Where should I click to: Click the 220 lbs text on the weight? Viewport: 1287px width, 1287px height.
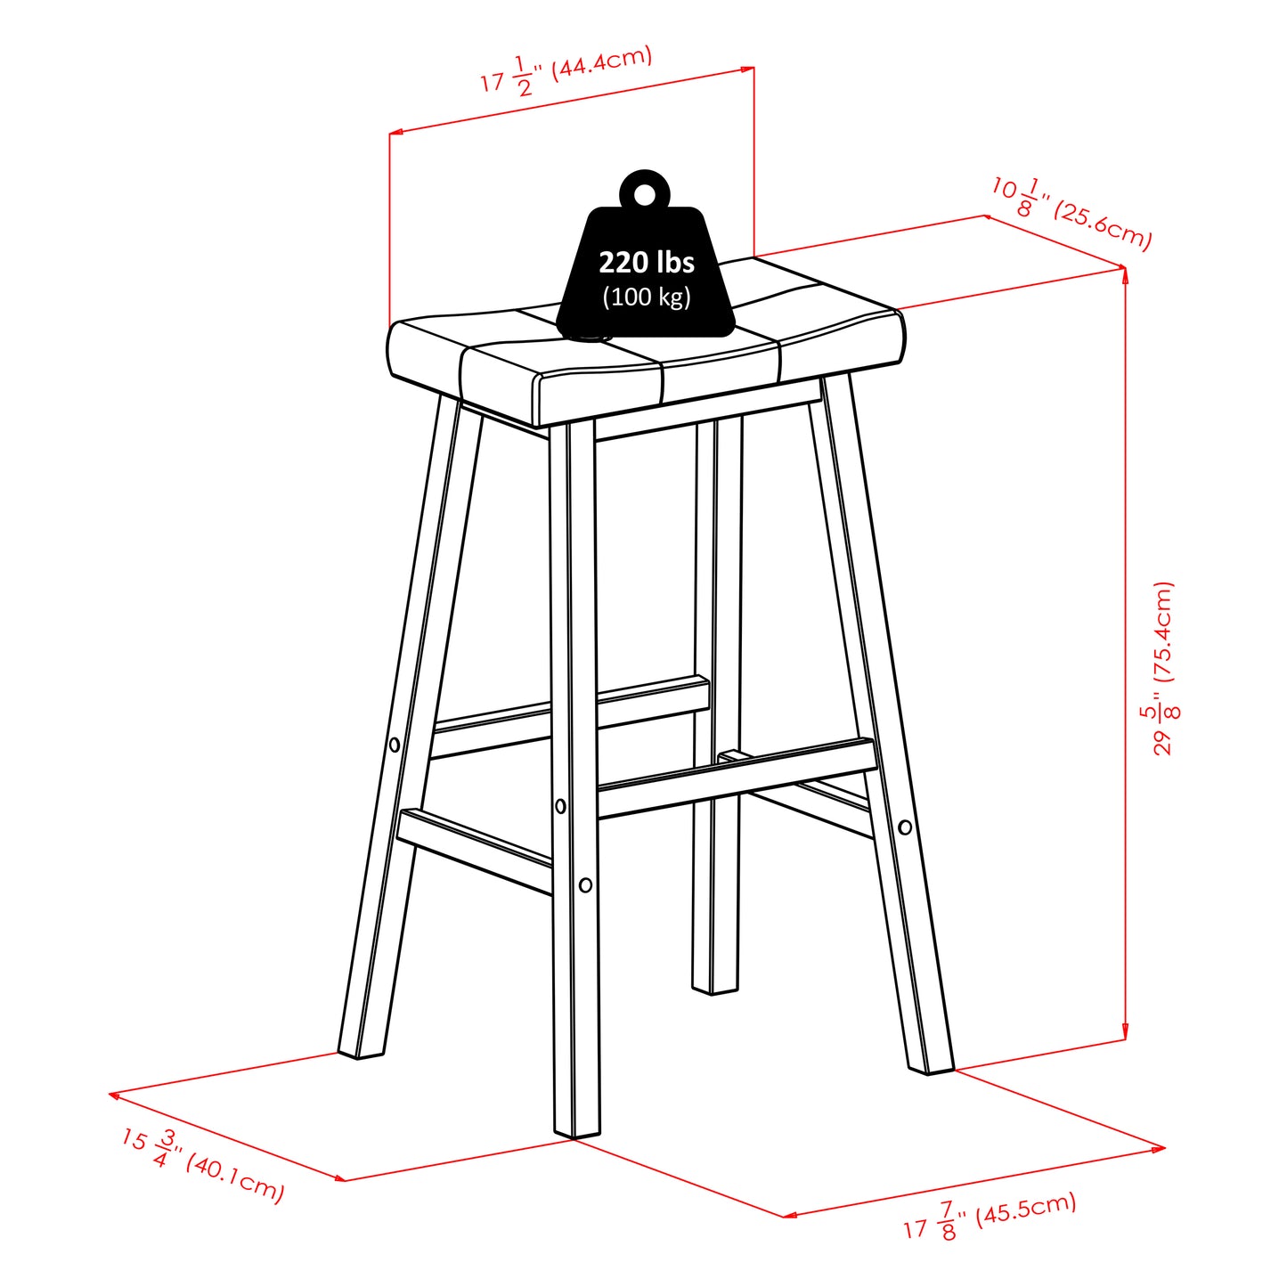click(646, 263)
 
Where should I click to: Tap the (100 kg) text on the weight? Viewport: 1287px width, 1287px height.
click(646, 297)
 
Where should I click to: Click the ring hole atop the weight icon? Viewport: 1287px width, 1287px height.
click(644, 194)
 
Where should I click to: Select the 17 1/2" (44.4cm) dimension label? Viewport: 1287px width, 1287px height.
click(566, 70)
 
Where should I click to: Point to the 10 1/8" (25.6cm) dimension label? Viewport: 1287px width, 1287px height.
click(1071, 212)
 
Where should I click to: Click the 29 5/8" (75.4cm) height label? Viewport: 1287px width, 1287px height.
click(1163, 668)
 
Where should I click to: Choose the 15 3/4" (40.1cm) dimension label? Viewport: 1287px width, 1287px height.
click(202, 1164)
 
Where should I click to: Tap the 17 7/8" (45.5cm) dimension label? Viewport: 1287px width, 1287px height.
click(990, 1217)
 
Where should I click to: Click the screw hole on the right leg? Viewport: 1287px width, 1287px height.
click(905, 827)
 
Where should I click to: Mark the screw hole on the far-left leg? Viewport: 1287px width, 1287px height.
click(395, 745)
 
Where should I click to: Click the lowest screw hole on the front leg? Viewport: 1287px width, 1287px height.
click(585, 884)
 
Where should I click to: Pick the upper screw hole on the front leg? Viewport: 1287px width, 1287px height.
click(560, 806)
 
